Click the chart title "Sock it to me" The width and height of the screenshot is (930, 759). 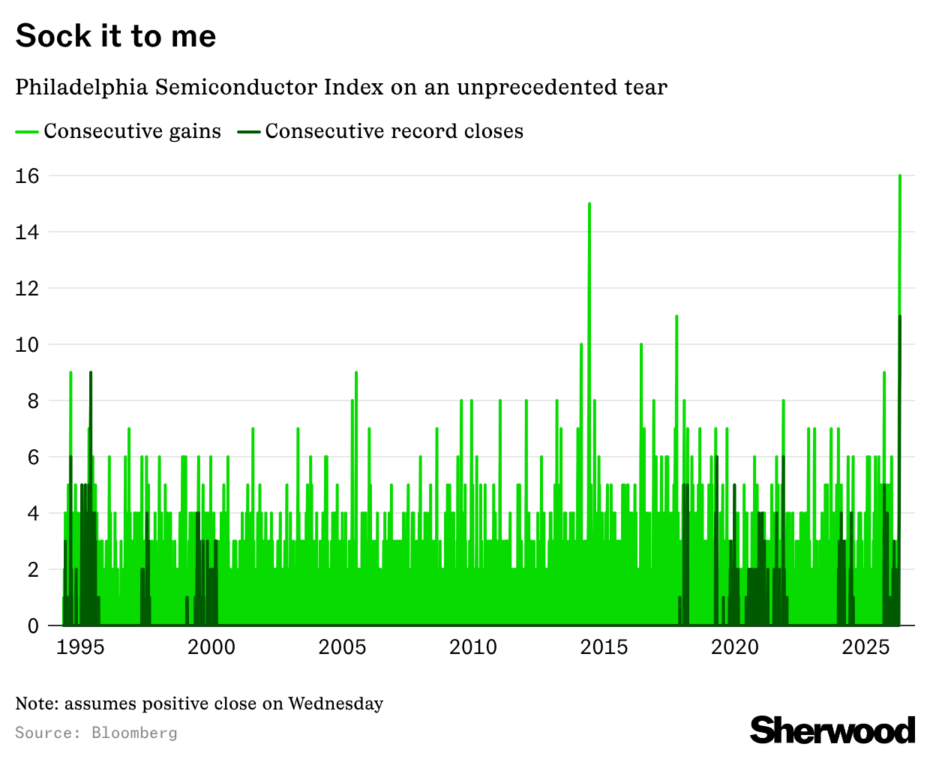pyautogui.click(x=115, y=36)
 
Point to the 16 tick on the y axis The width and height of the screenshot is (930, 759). pyautogui.click(x=28, y=175)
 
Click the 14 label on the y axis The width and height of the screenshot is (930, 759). pyautogui.click(x=28, y=232)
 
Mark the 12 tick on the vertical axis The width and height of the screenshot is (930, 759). pyautogui.click(x=28, y=288)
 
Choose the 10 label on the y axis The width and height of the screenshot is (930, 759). pyautogui.click(x=28, y=344)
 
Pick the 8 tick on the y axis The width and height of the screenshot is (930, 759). pyautogui.click(x=32, y=400)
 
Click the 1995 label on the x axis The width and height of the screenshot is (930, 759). pyautogui.click(x=80, y=646)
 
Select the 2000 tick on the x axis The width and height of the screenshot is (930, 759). pyautogui.click(x=211, y=646)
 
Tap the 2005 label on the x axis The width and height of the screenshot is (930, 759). pyautogui.click(x=342, y=646)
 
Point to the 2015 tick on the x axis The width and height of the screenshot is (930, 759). pyautogui.click(x=604, y=646)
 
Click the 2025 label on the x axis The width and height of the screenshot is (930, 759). pyautogui.click(x=865, y=646)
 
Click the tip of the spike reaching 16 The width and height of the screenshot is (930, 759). pyautogui.click(x=900, y=176)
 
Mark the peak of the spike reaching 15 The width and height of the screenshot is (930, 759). pyautogui.click(x=589, y=204)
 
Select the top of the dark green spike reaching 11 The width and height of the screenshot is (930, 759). pyautogui.click(x=900, y=317)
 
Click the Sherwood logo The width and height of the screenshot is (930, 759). pyautogui.click(x=832, y=730)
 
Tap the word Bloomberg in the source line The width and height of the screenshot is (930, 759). pyautogui.click(x=134, y=733)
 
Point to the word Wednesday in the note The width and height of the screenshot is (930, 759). pyautogui.click(x=335, y=703)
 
